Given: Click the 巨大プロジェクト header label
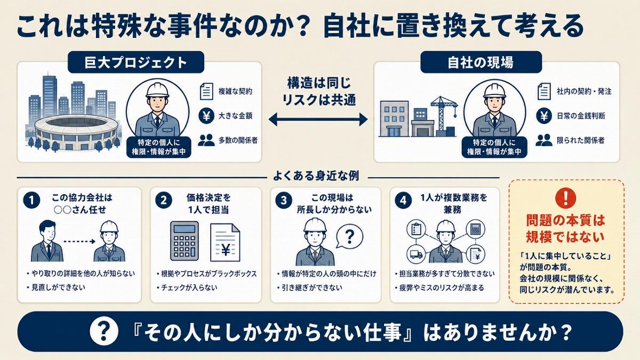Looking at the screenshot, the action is pos(136,62).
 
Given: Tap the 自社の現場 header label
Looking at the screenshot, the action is pos(481,62).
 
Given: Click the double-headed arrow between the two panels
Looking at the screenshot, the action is pos(318,119).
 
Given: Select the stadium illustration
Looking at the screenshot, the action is pos(76,132).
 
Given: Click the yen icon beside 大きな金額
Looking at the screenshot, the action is pos(206,116).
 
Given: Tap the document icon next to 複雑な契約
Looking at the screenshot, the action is pos(206,91).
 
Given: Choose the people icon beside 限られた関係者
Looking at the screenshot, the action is pos(543,140).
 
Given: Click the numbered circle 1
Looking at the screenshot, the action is pos(31,201).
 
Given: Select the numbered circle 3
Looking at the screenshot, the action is pos(283,201).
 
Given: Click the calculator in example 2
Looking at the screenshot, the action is pos(185,241).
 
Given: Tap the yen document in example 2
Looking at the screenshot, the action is pos(225,242).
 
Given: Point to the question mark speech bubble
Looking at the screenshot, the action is pos(349,237).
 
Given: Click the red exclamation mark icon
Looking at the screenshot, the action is pos(565,198).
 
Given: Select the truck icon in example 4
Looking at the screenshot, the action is pos(416,254).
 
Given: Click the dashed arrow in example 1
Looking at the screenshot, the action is pos(79,242).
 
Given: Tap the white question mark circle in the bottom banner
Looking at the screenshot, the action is pos(103,331).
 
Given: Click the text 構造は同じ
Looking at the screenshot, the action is pos(319,83).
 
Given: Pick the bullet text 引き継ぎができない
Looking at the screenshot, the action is pos(312,287).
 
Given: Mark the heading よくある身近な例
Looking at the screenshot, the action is pos(316,175).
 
